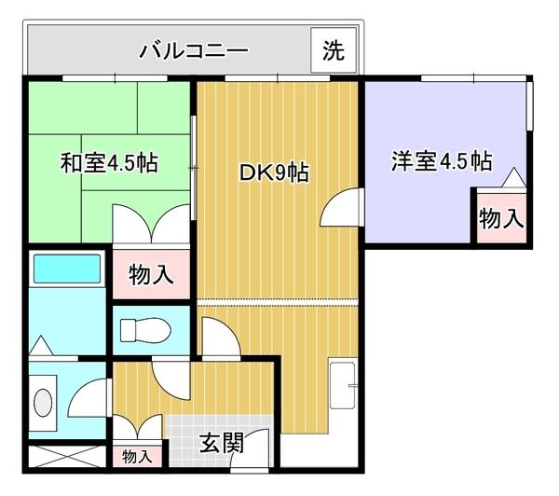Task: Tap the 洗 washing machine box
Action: click(x=332, y=50)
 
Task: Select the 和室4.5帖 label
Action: click(x=109, y=162)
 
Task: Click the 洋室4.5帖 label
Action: click(x=441, y=160)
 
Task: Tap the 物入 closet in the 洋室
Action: click(x=500, y=218)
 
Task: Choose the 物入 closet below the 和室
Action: click(x=150, y=274)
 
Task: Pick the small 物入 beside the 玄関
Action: click(x=138, y=457)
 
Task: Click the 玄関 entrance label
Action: click(x=222, y=442)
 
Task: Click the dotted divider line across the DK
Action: click(x=278, y=304)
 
